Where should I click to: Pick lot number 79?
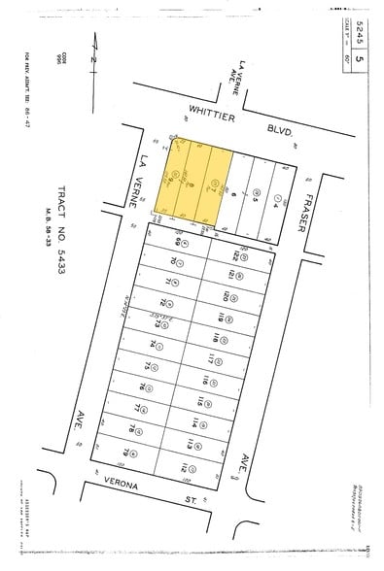(128, 452)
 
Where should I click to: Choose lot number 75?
(148, 367)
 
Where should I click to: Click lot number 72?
(165, 304)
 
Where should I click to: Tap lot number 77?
(138, 409)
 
